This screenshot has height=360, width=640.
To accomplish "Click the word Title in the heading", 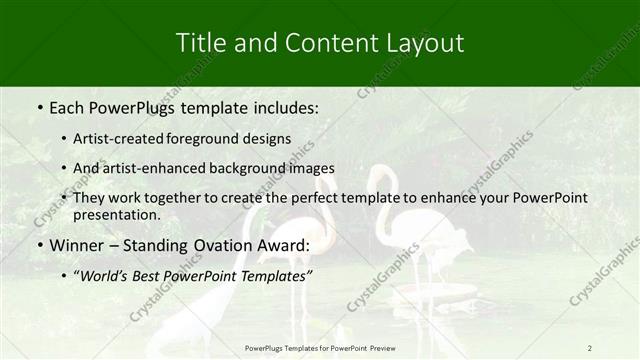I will [200, 43].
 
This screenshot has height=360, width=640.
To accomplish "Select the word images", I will [311, 168].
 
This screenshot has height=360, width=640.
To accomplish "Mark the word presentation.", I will [118, 215].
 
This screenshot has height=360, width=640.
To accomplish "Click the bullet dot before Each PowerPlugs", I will [39, 105].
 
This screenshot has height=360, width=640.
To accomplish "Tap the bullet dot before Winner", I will [39, 246].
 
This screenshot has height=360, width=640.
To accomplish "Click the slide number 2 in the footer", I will [590, 348].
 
